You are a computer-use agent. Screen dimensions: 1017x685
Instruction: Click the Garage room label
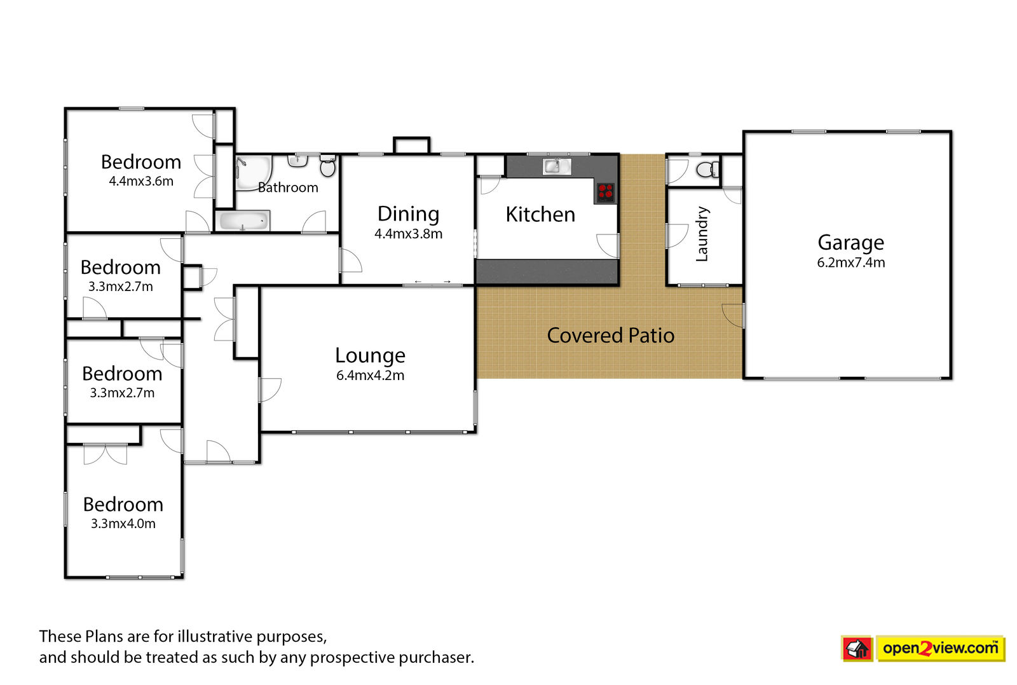tap(851, 243)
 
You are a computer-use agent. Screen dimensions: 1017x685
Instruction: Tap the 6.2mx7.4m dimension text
tap(851, 263)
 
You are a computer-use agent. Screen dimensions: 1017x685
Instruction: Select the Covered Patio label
tap(611, 336)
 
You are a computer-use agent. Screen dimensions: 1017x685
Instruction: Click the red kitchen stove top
tap(605, 193)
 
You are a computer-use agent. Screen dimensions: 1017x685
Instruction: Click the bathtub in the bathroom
tap(242, 221)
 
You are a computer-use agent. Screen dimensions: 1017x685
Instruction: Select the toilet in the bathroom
tap(327, 166)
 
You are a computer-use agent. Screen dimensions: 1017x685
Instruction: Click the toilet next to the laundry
tap(707, 169)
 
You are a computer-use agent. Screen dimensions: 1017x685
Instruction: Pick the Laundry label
tap(702, 234)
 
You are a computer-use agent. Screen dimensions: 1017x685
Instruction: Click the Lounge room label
tap(370, 355)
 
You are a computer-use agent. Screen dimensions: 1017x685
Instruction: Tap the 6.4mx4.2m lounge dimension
tap(370, 376)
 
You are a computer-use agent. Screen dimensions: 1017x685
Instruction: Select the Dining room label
tap(408, 214)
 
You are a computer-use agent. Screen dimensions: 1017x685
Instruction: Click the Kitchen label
tap(540, 214)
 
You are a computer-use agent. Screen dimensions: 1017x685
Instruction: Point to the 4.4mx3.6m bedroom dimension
tap(141, 182)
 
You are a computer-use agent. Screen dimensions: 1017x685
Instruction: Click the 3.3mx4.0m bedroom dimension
tap(123, 524)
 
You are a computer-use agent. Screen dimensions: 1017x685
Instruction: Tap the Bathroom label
tap(288, 187)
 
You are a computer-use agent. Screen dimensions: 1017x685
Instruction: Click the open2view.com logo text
tap(940, 648)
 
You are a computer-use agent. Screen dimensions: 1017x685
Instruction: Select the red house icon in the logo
tap(857, 648)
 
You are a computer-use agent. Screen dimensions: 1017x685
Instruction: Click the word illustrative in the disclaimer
tap(215, 637)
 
